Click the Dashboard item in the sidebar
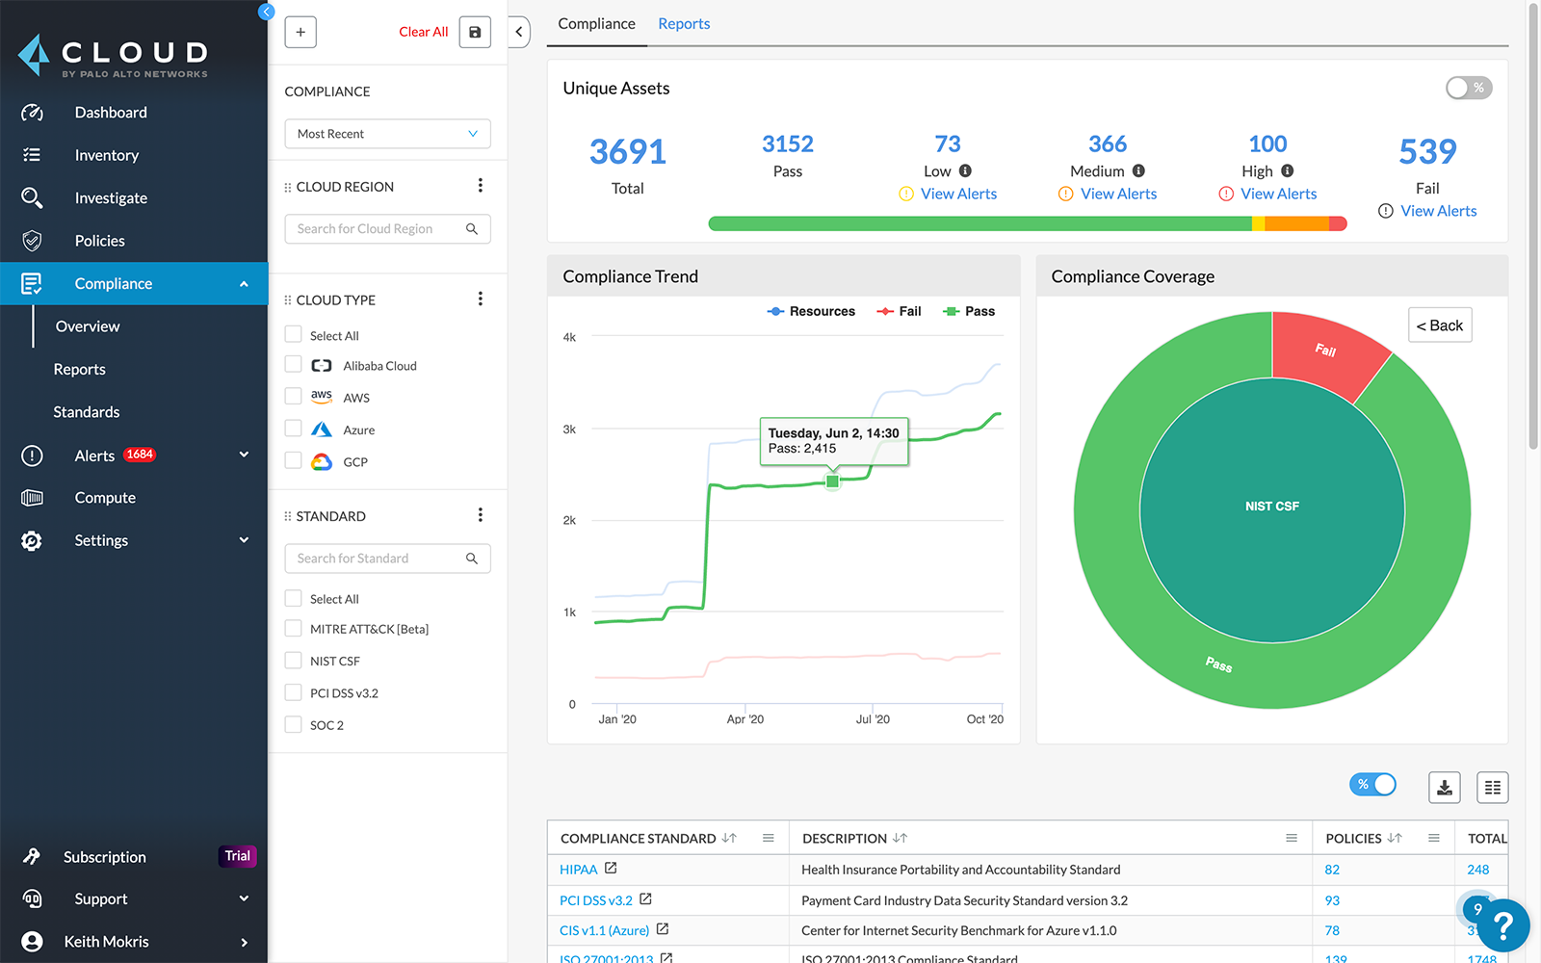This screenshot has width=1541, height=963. coord(111,113)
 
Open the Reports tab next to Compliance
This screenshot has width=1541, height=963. coord(684,24)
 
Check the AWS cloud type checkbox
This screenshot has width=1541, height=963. coord(294,397)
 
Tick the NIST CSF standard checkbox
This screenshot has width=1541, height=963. coord(294,661)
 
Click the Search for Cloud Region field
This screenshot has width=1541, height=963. coord(376,229)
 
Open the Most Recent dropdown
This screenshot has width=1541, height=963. coord(387,134)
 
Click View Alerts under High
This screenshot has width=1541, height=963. coord(1278,194)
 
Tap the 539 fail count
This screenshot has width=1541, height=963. coord(1427,152)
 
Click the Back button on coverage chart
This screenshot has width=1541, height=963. coord(1440,325)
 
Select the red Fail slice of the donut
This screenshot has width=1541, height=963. coord(1327,351)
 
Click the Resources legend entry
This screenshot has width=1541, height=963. coord(811,311)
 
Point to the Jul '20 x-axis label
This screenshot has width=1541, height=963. coord(873,719)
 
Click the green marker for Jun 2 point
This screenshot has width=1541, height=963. coord(833,481)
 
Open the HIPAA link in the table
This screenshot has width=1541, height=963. coord(578,870)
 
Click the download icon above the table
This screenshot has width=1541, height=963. coord(1444,788)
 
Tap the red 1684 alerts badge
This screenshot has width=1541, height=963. coord(140,455)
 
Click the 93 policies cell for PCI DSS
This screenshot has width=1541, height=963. coord(1332,900)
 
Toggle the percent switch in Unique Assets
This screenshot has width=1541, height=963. coord(1468,88)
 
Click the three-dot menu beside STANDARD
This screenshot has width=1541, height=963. coord(480,515)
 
